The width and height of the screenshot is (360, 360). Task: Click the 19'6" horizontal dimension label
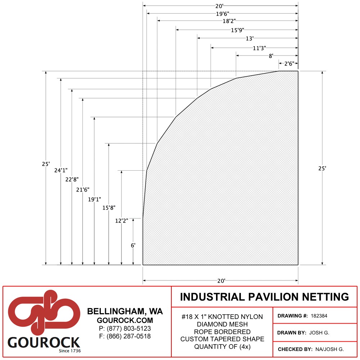pyautogui.click(x=222, y=14)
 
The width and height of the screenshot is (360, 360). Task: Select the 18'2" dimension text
pyautogui.click(x=229, y=21)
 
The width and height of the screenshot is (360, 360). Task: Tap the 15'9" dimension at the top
pyautogui.click(x=237, y=30)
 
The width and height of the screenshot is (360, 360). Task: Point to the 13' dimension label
pyautogui.click(x=249, y=39)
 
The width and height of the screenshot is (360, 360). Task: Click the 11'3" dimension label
pyautogui.click(x=259, y=48)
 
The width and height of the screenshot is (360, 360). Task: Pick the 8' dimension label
pyautogui.click(x=271, y=56)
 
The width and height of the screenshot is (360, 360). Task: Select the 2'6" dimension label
pyautogui.click(x=289, y=64)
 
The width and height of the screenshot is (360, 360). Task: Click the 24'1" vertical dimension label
pyautogui.click(x=61, y=170)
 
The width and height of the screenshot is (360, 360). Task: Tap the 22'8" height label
pyautogui.click(x=72, y=180)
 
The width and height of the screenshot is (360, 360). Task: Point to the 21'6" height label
pyautogui.click(x=83, y=190)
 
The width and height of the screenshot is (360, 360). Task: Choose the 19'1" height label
pyautogui.click(x=94, y=199)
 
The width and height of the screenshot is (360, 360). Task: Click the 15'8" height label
pyautogui.click(x=109, y=208)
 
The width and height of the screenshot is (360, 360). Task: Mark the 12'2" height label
pyautogui.click(x=121, y=221)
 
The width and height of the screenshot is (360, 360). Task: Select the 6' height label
pyautogui.click(x=133, y=246)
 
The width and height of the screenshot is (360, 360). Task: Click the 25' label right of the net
pyautogui.click(x=322, y=168)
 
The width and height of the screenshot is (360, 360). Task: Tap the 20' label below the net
pyautogui.click(x=221, y=281)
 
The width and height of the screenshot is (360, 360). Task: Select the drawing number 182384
pyautogui.click(x=319, y=316)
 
